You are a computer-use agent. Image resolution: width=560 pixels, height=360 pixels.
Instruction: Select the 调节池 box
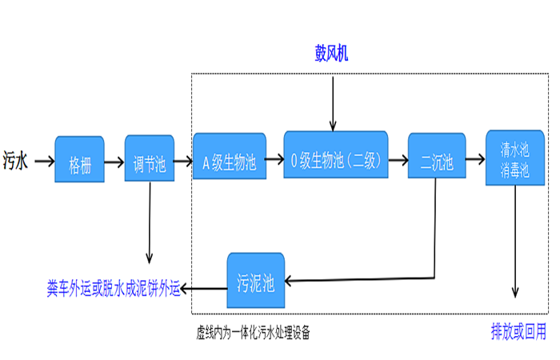pos(150,158)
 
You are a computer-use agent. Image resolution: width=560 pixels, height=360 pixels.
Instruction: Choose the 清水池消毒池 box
pos(514,158)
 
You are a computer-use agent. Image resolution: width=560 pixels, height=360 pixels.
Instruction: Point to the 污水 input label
pos(16,161)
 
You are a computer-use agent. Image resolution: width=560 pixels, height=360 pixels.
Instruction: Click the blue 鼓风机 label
pos(331,54)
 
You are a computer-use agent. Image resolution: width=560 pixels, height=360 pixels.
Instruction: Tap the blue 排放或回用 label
pos(518,330)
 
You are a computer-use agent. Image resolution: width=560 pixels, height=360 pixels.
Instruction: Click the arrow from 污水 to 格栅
pos(42,161)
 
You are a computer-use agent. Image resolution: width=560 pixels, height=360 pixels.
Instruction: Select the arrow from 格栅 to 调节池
pos(114,161)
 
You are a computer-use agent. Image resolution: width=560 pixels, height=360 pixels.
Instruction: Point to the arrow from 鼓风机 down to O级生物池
pos(332,100)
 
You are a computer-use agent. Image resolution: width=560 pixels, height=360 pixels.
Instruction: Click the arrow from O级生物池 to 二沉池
pos(398,161)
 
